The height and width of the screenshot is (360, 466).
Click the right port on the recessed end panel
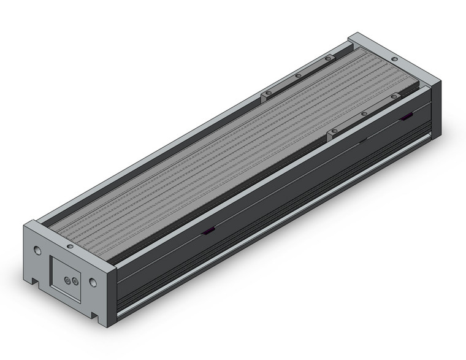(x=75, y=281)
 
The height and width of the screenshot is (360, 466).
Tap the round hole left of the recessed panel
(x=38, y=251)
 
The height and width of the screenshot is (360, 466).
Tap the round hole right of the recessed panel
(x=93, y=283)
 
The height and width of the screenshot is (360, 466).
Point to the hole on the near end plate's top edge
(x=69, y=246)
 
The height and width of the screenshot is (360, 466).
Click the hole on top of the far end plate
(x=394, y=59)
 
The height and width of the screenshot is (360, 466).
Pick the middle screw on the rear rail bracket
(x=298, y=75)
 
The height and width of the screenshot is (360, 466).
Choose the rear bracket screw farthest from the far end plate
(x=267, y=93)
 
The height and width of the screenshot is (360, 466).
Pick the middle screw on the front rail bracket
(x=364, y=113)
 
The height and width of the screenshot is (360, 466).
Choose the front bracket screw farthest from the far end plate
(x=334, y=131)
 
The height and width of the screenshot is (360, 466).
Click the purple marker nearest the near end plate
(x=208, y=231)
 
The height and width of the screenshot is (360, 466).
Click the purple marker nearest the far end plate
(x=407, y=117)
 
